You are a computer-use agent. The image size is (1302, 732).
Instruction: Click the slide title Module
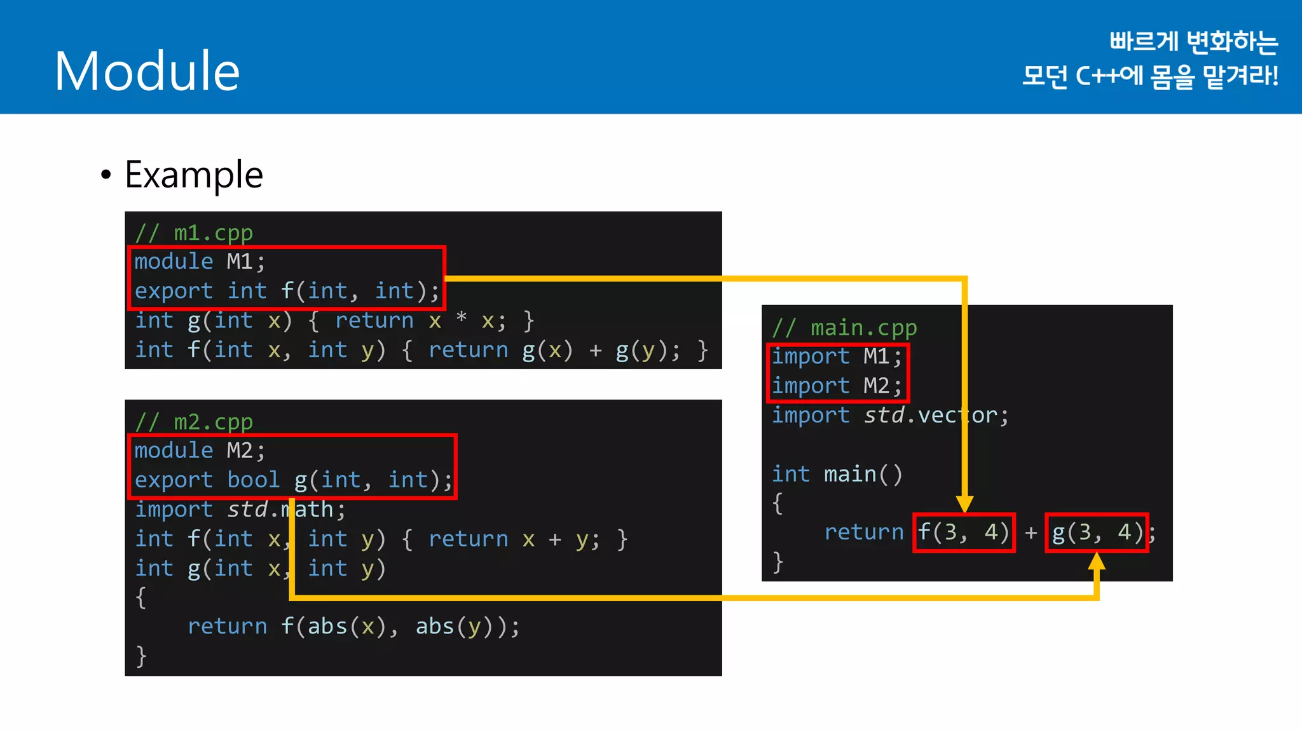click(x=147, y=71)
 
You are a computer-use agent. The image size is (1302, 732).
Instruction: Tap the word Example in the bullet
click(x=194, y=175)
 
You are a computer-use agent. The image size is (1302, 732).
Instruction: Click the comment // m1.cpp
click(x=194, y=233)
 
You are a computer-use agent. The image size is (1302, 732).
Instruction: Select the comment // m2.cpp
click(x=194, y=422)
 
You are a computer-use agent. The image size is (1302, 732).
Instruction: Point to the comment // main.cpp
click(x=844, y=328)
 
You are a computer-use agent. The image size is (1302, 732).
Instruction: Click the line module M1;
click(x=200, y=262)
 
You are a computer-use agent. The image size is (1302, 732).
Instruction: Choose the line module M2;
click(x=200, y=451)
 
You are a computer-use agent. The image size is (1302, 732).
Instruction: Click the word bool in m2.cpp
click(x=253, y=480)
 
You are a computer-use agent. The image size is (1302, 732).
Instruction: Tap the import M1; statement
click(x=837, y=356)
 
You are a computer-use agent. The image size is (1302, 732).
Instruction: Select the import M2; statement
click(x=837, y=386)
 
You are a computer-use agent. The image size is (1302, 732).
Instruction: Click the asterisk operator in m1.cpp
click(x=462, y=318)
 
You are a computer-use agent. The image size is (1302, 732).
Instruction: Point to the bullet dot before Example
click(x=106, y=175)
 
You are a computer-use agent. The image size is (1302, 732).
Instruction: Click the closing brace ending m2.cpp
click(x=141, y=655)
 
